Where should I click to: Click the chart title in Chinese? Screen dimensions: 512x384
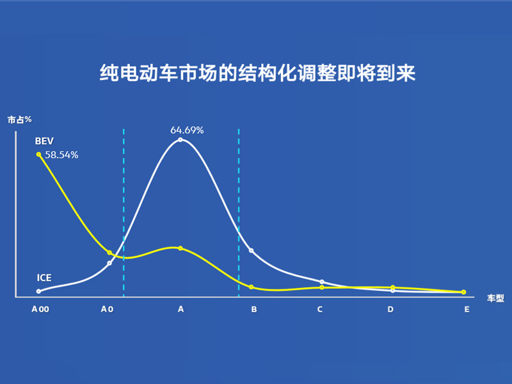point(257,72)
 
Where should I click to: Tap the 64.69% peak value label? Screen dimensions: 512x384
point(187,131)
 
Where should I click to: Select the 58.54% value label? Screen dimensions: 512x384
point(61,155)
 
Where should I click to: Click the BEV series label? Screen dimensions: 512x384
point(44,141)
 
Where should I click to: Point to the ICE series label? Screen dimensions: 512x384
point(44,278)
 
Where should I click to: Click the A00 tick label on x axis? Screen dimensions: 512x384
point(40,309)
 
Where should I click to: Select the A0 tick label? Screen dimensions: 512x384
point(107,309)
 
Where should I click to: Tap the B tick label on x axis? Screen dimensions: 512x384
point(254,309)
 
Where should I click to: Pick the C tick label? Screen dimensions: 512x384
point(320,309)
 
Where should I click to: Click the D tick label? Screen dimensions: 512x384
point(390,309)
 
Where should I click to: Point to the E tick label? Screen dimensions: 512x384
point(467,309)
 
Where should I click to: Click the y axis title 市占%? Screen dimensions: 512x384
point(20,120)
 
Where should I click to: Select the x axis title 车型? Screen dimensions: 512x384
point(495,298)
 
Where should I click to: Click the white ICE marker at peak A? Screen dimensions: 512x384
point(180,140)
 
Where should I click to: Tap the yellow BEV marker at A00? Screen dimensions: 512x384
point(38,154)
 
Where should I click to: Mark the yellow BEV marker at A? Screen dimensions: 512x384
point(180,248)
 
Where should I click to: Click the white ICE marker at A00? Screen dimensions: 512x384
point(38,291)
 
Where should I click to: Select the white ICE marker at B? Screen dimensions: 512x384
point(252,251)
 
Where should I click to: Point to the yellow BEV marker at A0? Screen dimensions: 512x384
point(109,252)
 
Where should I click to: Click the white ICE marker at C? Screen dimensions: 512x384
point(322,282)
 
